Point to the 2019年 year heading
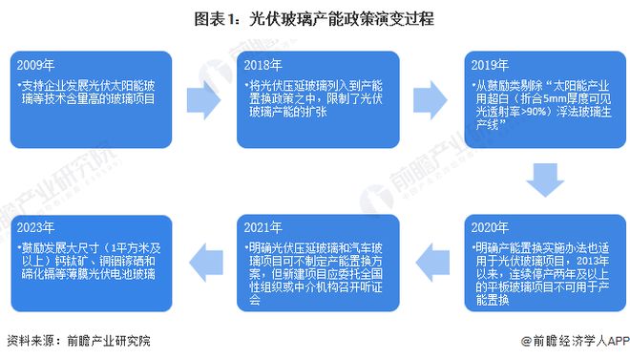[x=493, y=67]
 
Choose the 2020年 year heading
[x=493, y=230]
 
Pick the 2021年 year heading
[x=265, y=230]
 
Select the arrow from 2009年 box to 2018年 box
[x=203, y=98]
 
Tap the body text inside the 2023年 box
[x=91, y=260]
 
